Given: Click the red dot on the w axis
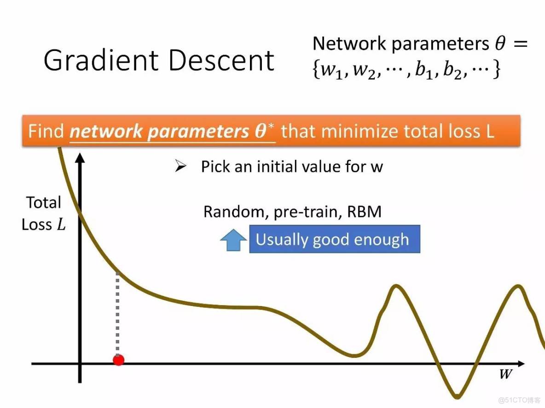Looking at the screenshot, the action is coord(118,360).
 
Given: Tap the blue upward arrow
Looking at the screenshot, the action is coord(233,239).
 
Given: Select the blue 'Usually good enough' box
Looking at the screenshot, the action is coord(334,239).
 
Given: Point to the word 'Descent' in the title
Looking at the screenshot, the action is coord(222,60).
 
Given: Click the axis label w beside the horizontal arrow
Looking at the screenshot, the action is coord(506,374).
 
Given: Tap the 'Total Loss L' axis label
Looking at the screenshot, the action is coord(43,213).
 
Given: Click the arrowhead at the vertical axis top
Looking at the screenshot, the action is coord(80,158).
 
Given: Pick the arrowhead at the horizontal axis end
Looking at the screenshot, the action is coord(521,363).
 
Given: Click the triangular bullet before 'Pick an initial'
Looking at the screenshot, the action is coord(181,166).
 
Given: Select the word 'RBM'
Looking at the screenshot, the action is coord(364,212).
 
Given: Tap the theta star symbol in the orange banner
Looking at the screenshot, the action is coord(264,130).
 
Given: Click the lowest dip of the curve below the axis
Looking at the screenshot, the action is coord(457,396).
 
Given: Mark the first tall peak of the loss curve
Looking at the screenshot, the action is coord(395,287).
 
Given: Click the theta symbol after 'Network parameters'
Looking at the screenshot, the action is coord(500,44).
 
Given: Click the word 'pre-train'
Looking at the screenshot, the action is coord(305,212).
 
